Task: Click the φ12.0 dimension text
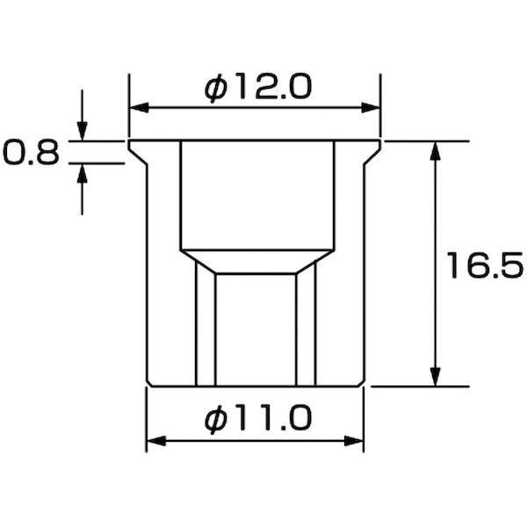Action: pyautogui.click(x=258, y=87)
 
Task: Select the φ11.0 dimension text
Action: pyautogui.click(x=258, y=419)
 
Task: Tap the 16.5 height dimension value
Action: pyautogui.click(x=484, y=266)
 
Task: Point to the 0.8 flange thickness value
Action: pyautogui.click(x=31, y=153)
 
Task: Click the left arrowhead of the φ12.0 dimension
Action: pyautogui.click(x=139, y=108)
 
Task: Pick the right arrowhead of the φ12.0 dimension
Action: pyautogui.click(x=371, y=108)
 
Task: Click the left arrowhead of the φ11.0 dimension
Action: pyautogui.click(x=156, y=441)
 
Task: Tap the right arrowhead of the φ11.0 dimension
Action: pyautogui.click(x=354, y=441)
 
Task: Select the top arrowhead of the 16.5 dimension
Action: pyautogui.click(x=436, y=151)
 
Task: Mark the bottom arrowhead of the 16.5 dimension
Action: pyautogui.click(x=436, y=377)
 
